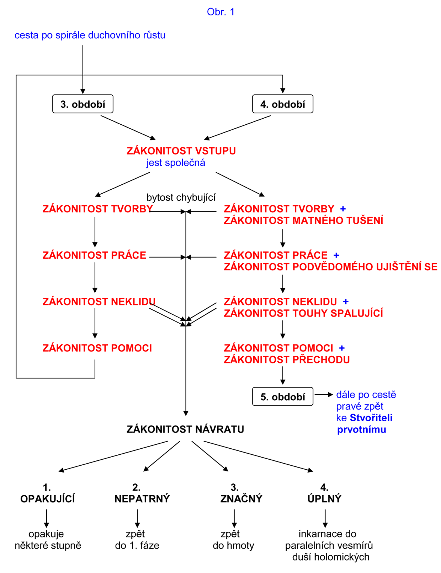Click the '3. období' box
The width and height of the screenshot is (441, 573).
click(x=83, y=104)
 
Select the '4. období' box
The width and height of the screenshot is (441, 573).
click(x=282, y=104)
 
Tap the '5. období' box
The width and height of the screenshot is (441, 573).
click(x=282, y=397)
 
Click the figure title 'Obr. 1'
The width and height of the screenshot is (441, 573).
click(x=220, y=12)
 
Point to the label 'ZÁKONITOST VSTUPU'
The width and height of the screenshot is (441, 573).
click(x=181, y=151)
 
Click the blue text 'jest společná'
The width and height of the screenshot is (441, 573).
click(x=176, y=163)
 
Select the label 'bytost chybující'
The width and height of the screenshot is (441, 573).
click(x=181, y=198)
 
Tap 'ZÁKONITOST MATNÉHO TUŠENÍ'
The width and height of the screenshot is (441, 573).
click(x=303, y=221)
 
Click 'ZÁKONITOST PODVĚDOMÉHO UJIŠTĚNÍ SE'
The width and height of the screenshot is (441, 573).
click(x=330, y=267)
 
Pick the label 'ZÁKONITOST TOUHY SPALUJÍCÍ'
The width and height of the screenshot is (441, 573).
click(x=303, y=313)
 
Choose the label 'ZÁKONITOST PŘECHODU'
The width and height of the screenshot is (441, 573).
click(x=287, y=360)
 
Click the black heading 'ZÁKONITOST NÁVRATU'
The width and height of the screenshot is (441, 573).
click(x=185, y=429)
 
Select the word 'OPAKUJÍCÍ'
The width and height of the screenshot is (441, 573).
click(x=48, y=499)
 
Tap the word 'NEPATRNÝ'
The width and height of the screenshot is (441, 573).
click(x=142, y=499)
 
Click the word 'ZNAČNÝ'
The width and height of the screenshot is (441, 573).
click(x=241, y=499)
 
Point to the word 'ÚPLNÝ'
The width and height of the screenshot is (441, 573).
click(x=324, y=499)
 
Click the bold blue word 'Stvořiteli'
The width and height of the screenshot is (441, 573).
click(x=371, y=418)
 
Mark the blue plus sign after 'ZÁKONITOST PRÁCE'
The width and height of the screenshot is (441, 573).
click(x=336, y=255)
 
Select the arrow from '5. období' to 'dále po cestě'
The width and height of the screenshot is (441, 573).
click(x=324, y=395)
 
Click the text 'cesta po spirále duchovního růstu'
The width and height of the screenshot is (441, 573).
click(x=90, y=36)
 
